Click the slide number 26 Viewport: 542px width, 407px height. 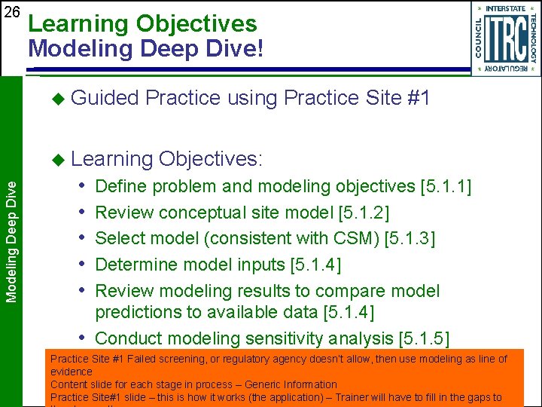click(11, 12)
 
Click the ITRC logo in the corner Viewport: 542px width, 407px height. click(505, 38)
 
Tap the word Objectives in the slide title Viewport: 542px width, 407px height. click(196, 24)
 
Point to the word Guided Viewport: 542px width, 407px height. click(105, 98)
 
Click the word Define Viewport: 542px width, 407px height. click(120, 186)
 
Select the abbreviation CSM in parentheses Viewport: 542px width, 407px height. click(352, 239)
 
